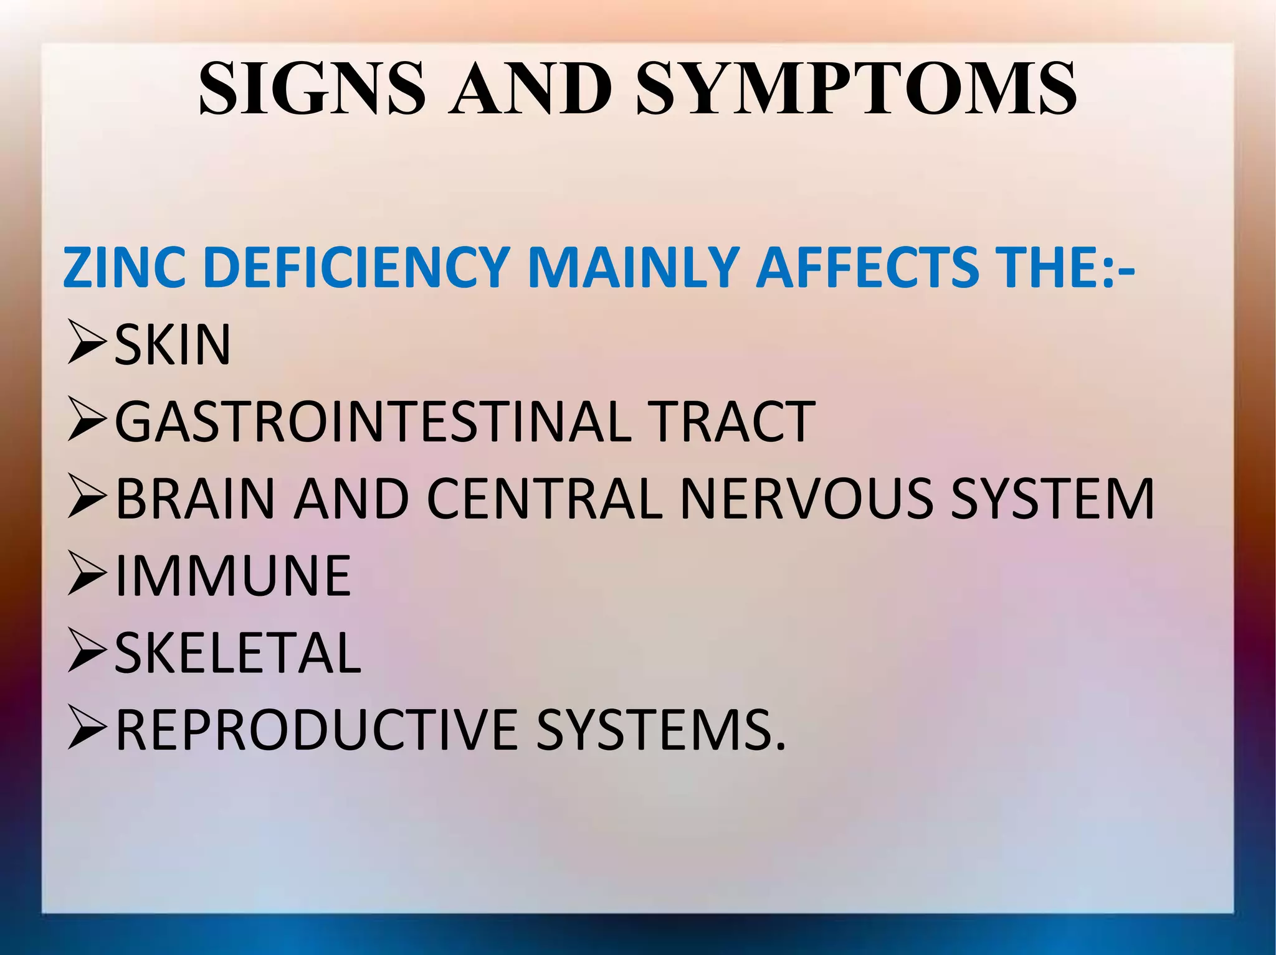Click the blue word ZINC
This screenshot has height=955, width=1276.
tap(123, 268)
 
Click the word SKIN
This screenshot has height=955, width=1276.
tap(173, 345)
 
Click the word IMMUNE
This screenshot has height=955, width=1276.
tap(233, 576)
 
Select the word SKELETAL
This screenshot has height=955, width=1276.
tap(237, 653)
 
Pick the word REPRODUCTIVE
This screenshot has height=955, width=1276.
tap(317, 730)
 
